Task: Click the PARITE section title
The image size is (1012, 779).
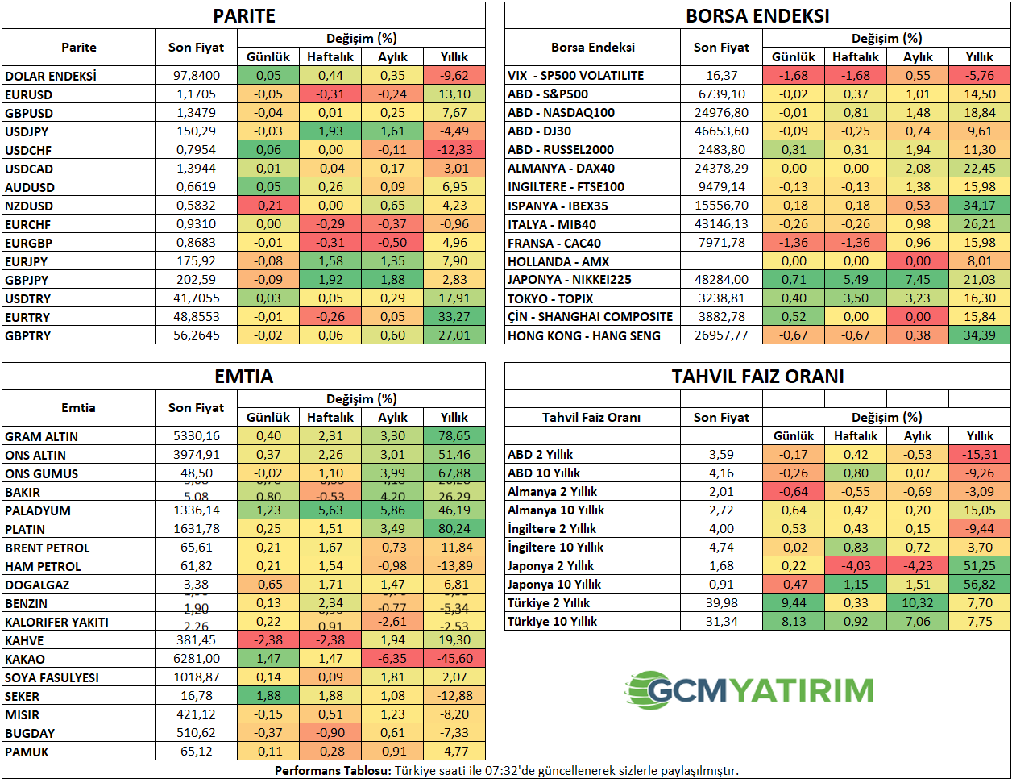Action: pyautogui.click(x=243, y=16)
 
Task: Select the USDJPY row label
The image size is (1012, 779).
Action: pyautogui.click(x=27, y=131)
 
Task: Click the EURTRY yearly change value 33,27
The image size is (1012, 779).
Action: pyautogui.click(x=454, y=317)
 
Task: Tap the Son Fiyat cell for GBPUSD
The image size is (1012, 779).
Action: pyautogui.click(x=197, y=113)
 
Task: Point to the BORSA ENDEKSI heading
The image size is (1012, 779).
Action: pyautogui.click(x=757, y=16)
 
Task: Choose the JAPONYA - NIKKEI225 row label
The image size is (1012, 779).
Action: pyautogui.click(x=569, y=280)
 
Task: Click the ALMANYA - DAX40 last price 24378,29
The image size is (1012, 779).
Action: pyautogui.click(x=721, y=169)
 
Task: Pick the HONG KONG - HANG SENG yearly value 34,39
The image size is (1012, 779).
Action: pyautogui.click(x=980, y=335)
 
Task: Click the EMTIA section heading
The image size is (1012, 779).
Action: pyautogui.click(x=243, y=377)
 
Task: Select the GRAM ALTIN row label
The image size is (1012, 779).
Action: pyautogui.click(x=42, y=436)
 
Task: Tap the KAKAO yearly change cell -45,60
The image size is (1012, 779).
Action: pyautogui.click(x=454, y=659)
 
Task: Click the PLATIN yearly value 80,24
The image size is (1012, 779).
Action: pyautogui.click(x=454, y=529)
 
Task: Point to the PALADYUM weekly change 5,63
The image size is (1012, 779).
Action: pyautogui.click(x=330, y=510)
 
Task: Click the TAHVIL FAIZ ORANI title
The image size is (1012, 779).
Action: pyautogui.click(x=757, y=377)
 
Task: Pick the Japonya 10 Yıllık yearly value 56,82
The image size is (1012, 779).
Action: pyautogui.click(x=980, y=585)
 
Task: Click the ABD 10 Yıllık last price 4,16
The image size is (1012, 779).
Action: pyautogui.click(x=721, y=473)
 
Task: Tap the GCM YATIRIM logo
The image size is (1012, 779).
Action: pyautogui.click(x=749, y=690)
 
